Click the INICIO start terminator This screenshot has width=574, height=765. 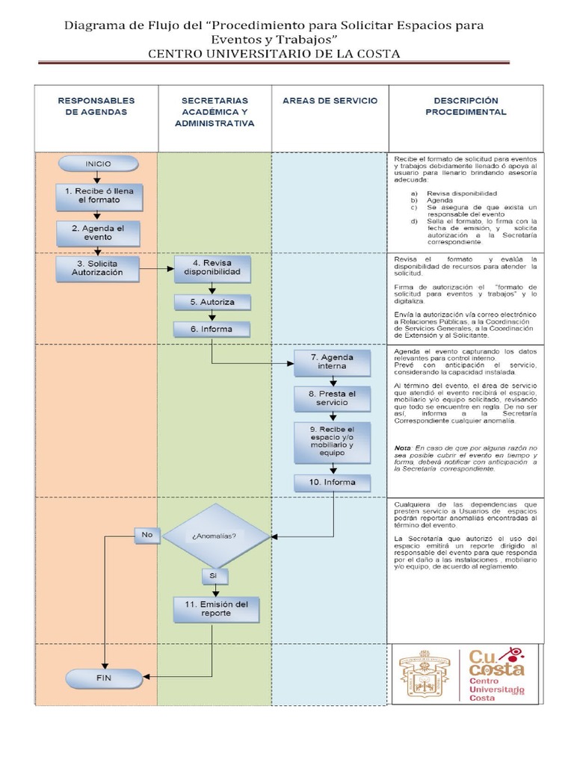[x=98, y=164]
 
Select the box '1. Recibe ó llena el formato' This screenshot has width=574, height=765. [x=99, y=196]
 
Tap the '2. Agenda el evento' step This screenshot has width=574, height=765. [x=98, y=233]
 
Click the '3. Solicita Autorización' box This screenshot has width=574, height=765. [x=98, y=268]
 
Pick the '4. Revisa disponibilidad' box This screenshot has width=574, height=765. [x=212, y=268]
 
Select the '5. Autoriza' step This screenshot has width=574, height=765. [x=212, y=302]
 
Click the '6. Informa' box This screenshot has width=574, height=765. [x=212, y=329]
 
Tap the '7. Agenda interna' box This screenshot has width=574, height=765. [x=332, y=362]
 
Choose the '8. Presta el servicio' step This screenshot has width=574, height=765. [x=332, y=398]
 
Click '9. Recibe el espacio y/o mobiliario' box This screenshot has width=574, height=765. [x=332, y=441]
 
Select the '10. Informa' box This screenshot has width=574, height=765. [x=332, y=483]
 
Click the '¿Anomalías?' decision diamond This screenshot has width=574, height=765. [x=215, y=536]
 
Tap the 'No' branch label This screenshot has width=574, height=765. [x=146, y=535]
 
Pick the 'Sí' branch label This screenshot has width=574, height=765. [x=213, y=576]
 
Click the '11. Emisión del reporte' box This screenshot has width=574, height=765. [x=216, y=608]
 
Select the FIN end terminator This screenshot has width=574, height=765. [x=103, y=679]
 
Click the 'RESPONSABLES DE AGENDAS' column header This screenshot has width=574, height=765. [x=96, y=106]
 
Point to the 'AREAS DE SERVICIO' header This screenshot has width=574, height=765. [x=330, y=101]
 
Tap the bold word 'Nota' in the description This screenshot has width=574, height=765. [x=403, y=447]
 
